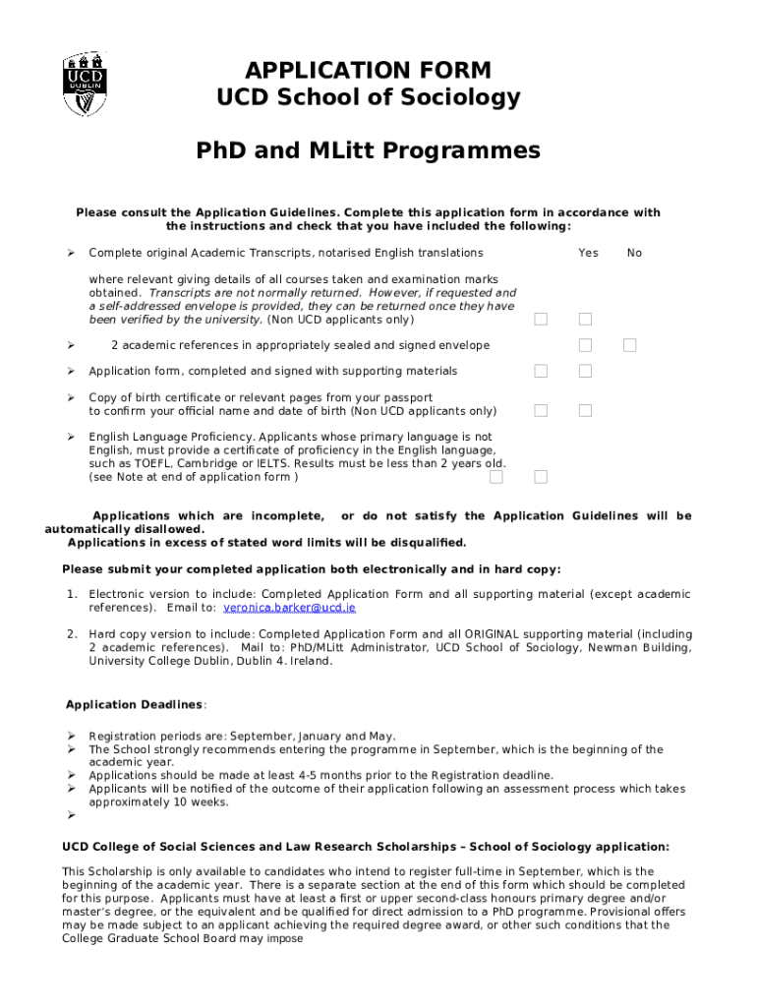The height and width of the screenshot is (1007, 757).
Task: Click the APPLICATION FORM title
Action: coord(368,71)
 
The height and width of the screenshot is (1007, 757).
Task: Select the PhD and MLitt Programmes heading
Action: coord(368,151)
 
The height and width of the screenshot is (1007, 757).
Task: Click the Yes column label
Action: coord(588,253)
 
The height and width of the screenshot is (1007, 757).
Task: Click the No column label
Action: coord(634,253)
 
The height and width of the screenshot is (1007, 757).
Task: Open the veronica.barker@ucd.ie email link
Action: coord(290,608)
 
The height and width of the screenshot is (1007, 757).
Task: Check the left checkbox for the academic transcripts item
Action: coord(541,319)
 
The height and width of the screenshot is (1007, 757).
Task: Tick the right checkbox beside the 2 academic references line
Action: coord(629,345)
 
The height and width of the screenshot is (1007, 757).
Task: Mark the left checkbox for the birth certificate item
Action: coord(541,410)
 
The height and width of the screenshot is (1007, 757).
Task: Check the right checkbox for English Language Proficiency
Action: coord(541,477)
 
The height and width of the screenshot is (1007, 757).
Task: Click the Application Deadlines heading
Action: coord(134,704)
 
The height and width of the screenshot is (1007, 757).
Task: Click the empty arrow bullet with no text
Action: coord(71,815)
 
